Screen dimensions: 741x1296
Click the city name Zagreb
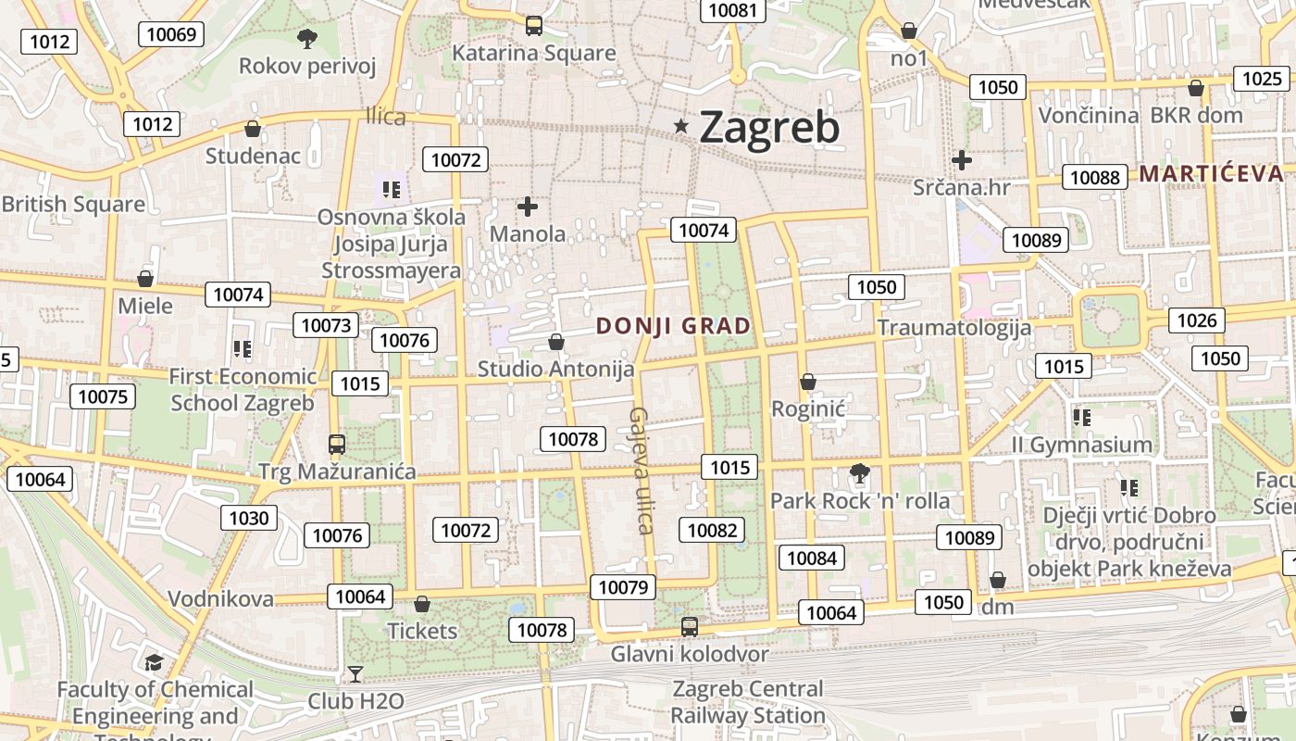(769, 127)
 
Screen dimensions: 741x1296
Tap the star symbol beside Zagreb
(682, 126)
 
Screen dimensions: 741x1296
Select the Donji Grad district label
(674, 326)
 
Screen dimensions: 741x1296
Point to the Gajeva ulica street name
(642, 471)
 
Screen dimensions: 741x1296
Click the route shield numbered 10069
(171, 35)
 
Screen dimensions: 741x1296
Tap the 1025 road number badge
(1262, 79)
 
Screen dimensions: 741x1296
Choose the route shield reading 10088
(1094, 177)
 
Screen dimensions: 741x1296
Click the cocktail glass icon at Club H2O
(355, 674)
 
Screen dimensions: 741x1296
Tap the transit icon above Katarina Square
(534, 26)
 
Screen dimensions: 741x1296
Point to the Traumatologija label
(953, 327)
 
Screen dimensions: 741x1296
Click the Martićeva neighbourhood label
(1211, 173)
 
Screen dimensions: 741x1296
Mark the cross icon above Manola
(528, 207)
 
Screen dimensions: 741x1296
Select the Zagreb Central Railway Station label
(747, 702)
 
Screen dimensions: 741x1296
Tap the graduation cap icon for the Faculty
(154, 663)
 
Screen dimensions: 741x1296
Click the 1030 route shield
(248, 518)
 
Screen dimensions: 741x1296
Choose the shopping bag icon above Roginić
(808, 382)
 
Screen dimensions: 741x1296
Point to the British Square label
(73, 204)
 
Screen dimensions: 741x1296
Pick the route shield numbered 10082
(712, 530)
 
